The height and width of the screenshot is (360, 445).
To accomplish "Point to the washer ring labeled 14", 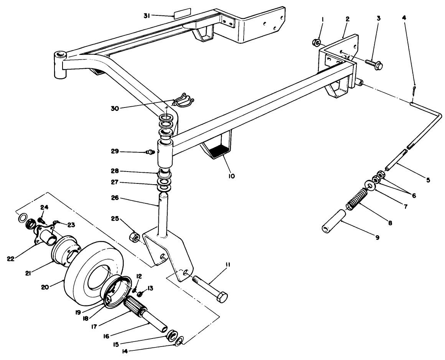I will (180, 340).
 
